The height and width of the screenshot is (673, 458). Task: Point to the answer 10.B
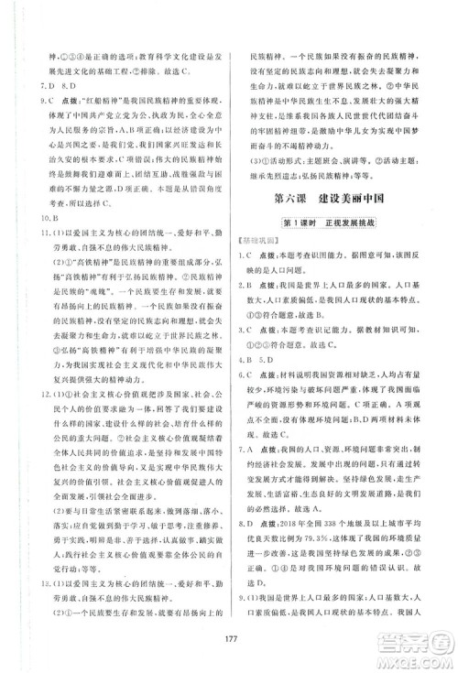(31, 245)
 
